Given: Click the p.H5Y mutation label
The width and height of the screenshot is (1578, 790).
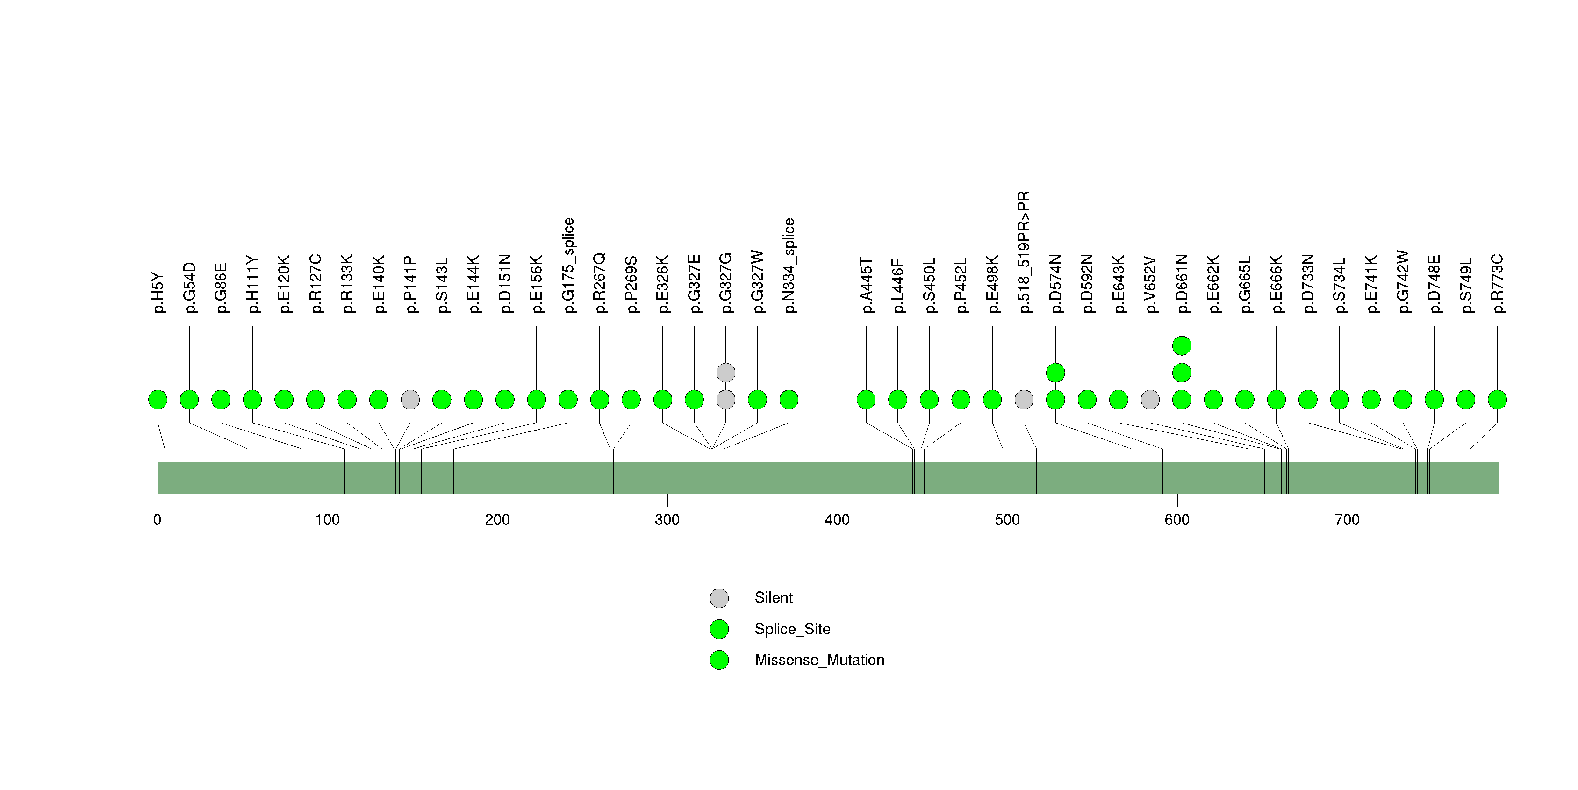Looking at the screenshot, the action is point(158,293).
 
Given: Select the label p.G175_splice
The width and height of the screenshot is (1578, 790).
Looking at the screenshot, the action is point(568,265).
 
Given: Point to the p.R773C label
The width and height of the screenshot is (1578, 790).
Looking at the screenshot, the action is point(1498,284).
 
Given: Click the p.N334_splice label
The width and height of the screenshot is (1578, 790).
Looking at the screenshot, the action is point(789,265).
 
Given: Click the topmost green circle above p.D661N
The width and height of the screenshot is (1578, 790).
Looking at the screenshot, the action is point(1182,346).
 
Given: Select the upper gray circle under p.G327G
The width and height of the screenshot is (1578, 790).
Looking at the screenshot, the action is point(726,373).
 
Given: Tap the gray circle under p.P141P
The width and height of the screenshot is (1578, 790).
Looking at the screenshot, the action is point(410,400).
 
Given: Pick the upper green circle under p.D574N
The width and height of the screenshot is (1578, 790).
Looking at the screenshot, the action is point(1055,373).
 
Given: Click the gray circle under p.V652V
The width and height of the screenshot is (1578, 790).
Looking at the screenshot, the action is point(1150,400).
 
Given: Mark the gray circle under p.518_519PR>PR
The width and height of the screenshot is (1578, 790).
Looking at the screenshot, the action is point(1024,400).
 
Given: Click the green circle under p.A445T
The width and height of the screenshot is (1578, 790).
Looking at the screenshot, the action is point(866,400).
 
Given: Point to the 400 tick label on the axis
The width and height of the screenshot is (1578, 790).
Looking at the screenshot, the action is point(838,520).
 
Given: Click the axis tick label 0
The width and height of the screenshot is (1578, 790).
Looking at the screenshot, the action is point(158,520).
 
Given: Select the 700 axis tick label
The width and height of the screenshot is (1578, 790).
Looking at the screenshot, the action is point(1348,520).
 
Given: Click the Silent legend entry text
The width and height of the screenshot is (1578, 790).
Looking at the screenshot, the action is point(774,598).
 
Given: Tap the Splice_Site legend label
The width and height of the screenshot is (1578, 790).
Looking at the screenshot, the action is point(793,629).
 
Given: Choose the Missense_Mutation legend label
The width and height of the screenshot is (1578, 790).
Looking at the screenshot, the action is point(820,660).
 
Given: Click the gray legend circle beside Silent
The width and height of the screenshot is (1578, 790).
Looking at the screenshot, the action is point(719,598).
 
